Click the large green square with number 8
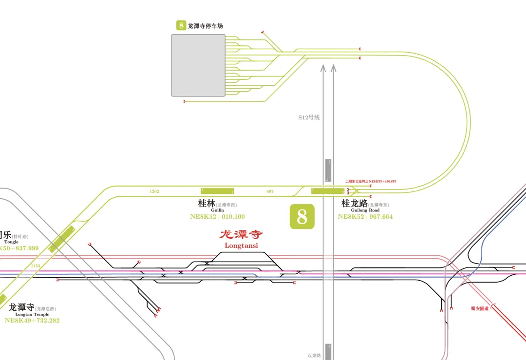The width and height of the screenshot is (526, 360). [x=302, y=217]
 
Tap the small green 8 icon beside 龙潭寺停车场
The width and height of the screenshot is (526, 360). [x=181, y=25]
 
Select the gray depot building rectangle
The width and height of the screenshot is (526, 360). [x=198, y=65]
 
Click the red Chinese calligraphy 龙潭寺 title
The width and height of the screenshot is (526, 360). [x=241, y=235]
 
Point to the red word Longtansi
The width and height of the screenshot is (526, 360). [x=241, y=246]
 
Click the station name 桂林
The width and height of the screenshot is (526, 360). [x=207, y=204]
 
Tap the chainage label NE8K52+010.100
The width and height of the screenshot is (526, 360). [x=217, y=217]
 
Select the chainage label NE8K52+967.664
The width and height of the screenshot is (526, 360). [x=365, y=217]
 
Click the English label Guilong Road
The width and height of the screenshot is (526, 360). [x=365, y=210]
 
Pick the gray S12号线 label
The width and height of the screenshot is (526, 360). [x=309, y=117]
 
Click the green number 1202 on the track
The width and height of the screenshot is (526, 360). [x=154, y=191]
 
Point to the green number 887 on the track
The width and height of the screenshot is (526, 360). [x=270, y=191]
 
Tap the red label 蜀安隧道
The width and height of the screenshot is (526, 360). [x=480, y=308]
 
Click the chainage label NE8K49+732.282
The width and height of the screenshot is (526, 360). [x=32, y=321]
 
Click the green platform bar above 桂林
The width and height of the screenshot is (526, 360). [x=217, y=191]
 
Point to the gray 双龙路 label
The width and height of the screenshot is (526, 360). [x=314, y=356]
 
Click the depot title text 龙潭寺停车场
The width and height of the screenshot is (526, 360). [x=205, y=26]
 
